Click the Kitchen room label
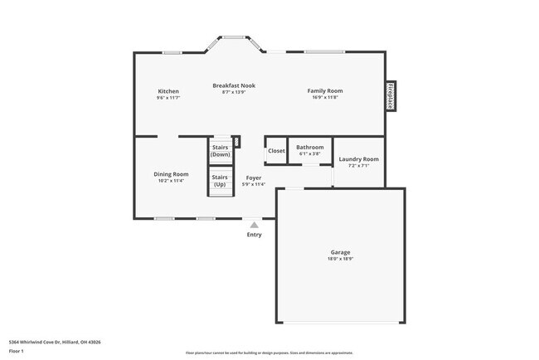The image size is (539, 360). click(x=168, y=90)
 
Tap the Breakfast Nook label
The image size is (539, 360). click(x=234, y=85)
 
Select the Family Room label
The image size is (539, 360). click(x=325, y=90)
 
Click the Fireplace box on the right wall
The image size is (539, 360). click(x=389, y=96)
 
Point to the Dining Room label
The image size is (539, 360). click(x=171, y=174)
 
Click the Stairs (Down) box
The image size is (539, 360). click(x=220, y=151)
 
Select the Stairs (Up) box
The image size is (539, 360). click(x=220, y=180)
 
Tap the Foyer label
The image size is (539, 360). click(x=254, y=178)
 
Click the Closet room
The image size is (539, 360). click(x=275, y=151)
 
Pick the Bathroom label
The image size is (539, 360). click(x=310, y=147)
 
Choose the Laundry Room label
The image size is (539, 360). click(x=359, y=158)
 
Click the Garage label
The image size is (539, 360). click(x=340, y=252)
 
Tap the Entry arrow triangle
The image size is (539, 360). click(x=254, y=224)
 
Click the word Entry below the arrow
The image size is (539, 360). click(x=254, y=235)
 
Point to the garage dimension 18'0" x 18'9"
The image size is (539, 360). click(x=340, y=259)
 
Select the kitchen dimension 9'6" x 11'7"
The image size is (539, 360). click(x=168, y=98)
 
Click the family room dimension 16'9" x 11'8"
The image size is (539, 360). click(x=325, y=98)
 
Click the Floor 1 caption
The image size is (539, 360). click(x=17, y=351)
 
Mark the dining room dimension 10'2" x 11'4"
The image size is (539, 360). click(x=171, y=181)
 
